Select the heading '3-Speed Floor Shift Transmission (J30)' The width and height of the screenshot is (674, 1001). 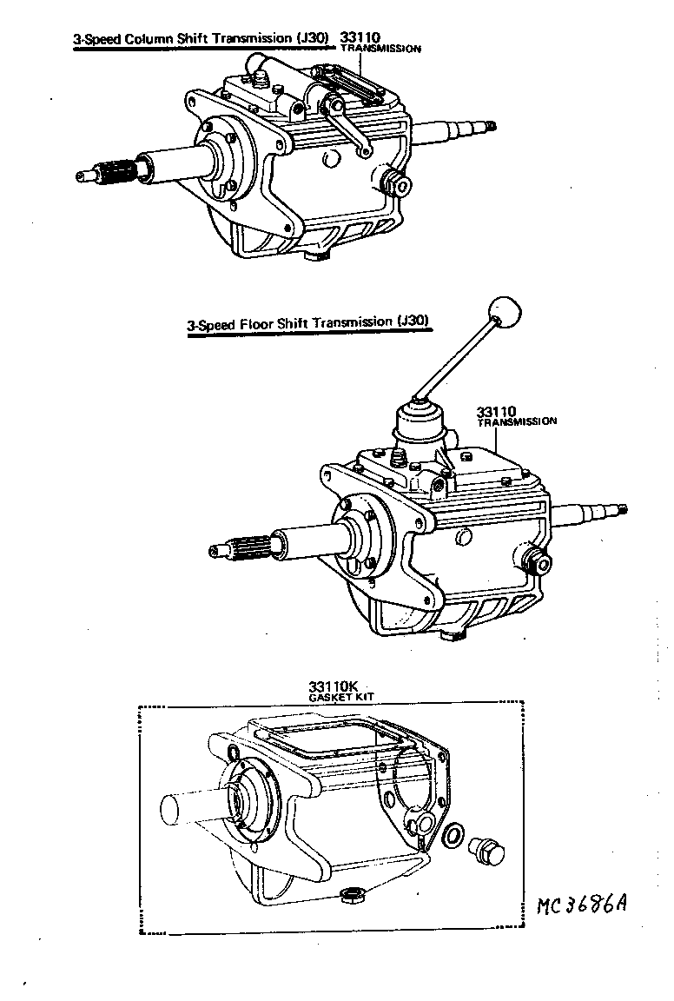point(309,322)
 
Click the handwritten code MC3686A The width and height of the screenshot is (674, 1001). point(581,905)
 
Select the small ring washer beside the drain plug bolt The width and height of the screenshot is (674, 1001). point(453,836)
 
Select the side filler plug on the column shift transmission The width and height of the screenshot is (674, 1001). point(398,182)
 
